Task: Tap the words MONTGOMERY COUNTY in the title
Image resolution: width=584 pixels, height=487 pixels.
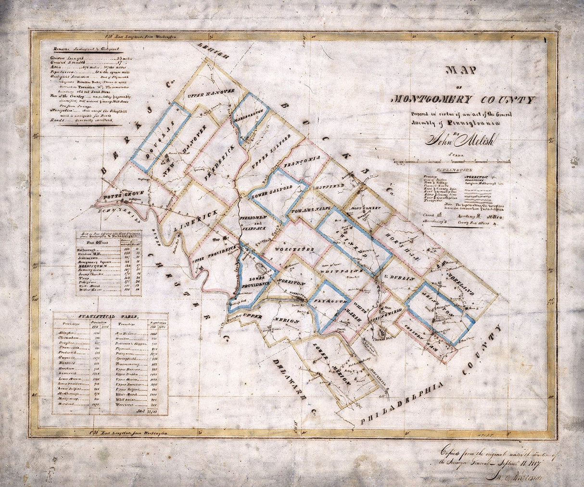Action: coord(464,100)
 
